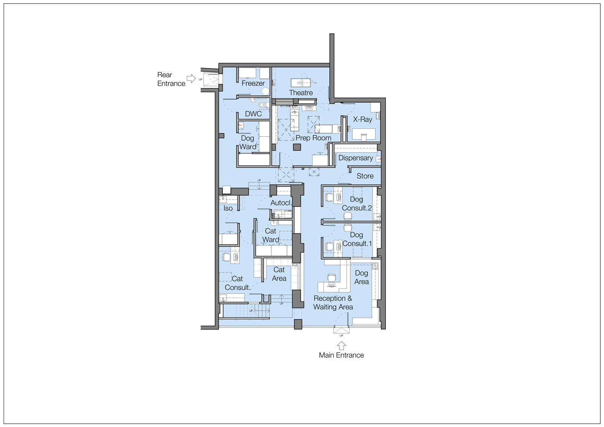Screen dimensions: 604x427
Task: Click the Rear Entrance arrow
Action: pyautogui.click(x=191, y=78)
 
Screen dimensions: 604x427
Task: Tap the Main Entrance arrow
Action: pyautogui.click(x=341, y=346)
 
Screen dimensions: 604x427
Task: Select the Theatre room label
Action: pyautogui.click(x=301, y=93)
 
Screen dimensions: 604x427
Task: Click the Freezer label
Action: pyautogui.click(x=253, y=83)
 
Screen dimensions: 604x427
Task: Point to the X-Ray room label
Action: pyautogui.click(x=362, y=120)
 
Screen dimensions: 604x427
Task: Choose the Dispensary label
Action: pyautogui.click(x=356, y=158)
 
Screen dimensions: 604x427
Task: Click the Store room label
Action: pyautogui.click(x=365, y=176)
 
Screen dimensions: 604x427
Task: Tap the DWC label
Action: pyautogui.click(x=253, y=114)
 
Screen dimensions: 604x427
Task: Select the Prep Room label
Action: pyautogui.click(x=313, y=138)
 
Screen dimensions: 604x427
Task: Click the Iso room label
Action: pyautogui.click(x=228, y=208)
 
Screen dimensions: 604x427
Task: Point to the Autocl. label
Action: pyautogui.click(x=281, y=203)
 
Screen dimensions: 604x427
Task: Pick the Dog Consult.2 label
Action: pyautogui.click(x=356, y=204)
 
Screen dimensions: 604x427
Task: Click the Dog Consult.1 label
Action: pyautogui.click(x=357, y=239)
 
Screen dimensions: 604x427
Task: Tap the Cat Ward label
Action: pyautogui.click(x=271, y=235)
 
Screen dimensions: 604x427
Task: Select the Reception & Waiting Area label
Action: pyautogui.click(x=333, y=303)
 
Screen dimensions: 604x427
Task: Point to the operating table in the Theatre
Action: pyautogui.click(x=301, y=83)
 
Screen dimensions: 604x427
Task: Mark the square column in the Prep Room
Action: pyautogui.click(x=297, y=147)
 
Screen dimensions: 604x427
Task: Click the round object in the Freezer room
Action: pyautogui.click(x=266, y=91)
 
